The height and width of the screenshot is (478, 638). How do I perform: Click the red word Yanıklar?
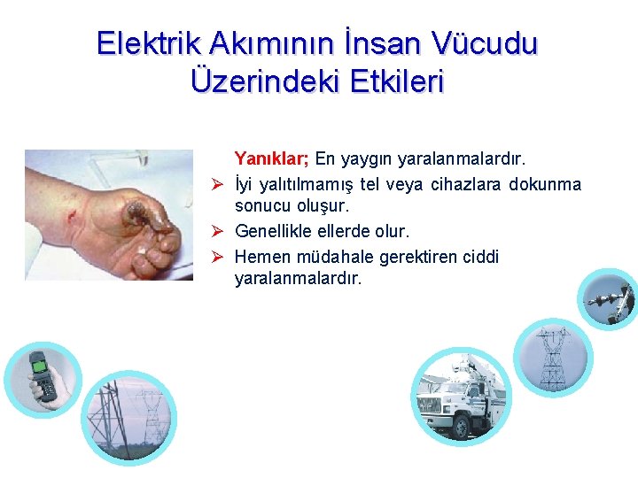click(271, 159)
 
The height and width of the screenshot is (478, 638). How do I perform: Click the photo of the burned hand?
click(109, 215)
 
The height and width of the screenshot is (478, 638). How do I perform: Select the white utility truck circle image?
click(460, 394)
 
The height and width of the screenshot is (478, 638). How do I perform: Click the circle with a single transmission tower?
click(551, 358)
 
